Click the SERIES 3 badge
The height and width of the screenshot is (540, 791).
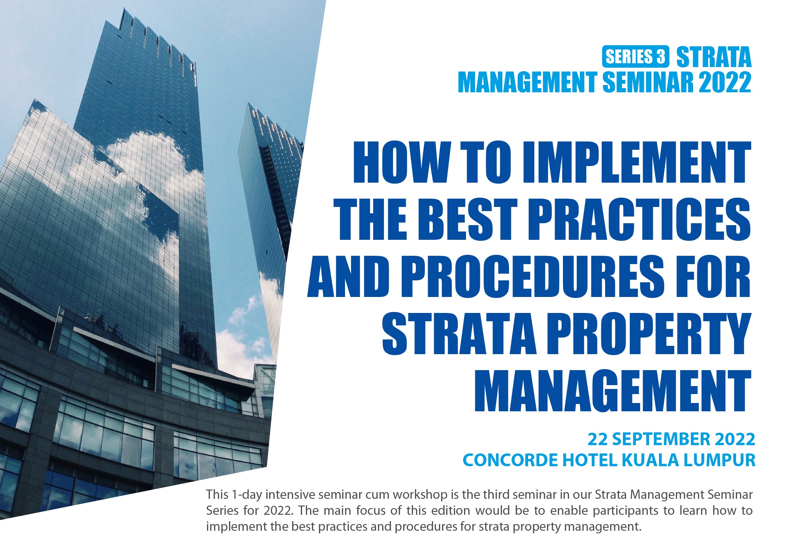click(635, 56)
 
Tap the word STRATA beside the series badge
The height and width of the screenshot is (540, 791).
click(714, 57)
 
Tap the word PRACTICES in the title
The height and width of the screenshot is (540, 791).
click(639, 219)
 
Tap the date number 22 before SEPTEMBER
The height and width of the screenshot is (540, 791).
click(598, 439)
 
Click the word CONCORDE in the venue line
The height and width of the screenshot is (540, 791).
click(510, 460)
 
